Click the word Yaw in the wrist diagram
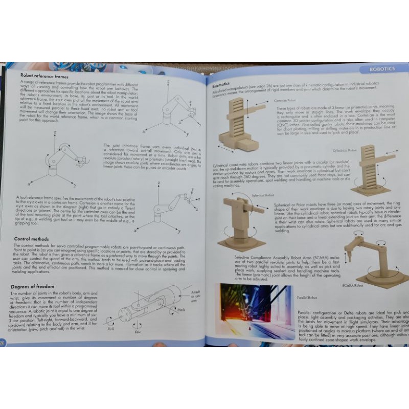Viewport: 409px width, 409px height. pos(138,332)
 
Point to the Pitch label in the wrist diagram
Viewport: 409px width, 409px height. pos(181,309)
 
